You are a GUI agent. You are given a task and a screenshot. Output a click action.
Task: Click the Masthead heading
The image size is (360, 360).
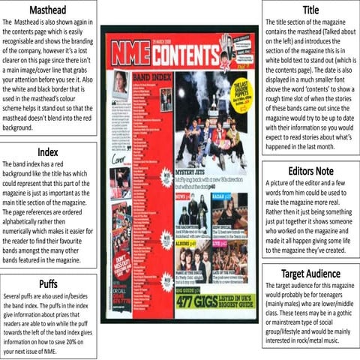point(48,10)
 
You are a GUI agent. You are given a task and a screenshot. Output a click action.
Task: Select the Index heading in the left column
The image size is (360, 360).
point(48,152)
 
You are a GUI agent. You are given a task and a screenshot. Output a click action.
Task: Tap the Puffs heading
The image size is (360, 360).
point(48,283)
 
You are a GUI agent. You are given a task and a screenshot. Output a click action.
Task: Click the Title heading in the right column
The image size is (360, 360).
point(310,10)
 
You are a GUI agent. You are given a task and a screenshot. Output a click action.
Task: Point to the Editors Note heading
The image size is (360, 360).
point(310,171)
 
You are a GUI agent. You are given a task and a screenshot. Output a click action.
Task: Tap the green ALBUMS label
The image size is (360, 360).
point(183,244)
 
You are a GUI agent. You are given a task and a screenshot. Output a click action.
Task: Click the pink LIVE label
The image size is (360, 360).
point(218,244)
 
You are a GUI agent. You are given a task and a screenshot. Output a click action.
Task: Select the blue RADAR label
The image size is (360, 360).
point(221,196)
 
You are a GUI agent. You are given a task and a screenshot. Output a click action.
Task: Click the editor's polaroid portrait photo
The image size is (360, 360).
point(119,83)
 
